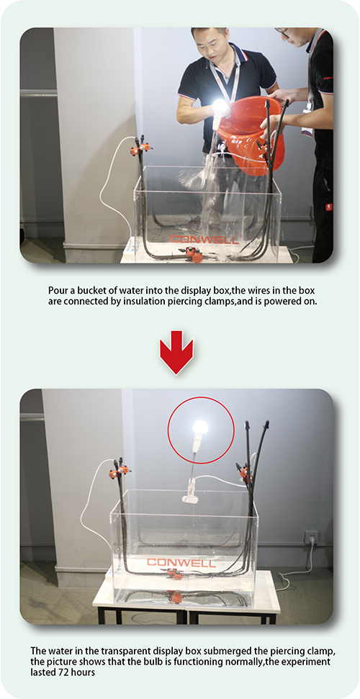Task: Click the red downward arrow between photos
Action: coord(176,351)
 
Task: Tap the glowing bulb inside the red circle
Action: coord(200,428)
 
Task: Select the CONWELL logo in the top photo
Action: coord(204,240)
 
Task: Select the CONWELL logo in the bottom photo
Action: coord(181,562)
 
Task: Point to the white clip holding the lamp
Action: coord(190,497)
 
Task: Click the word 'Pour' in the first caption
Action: coord(57,290)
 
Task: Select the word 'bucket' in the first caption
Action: coord(89,290)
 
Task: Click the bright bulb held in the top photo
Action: coord(220,107)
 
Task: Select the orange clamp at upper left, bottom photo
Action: coord(120,469)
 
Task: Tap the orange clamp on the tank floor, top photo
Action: coord(192,253)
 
